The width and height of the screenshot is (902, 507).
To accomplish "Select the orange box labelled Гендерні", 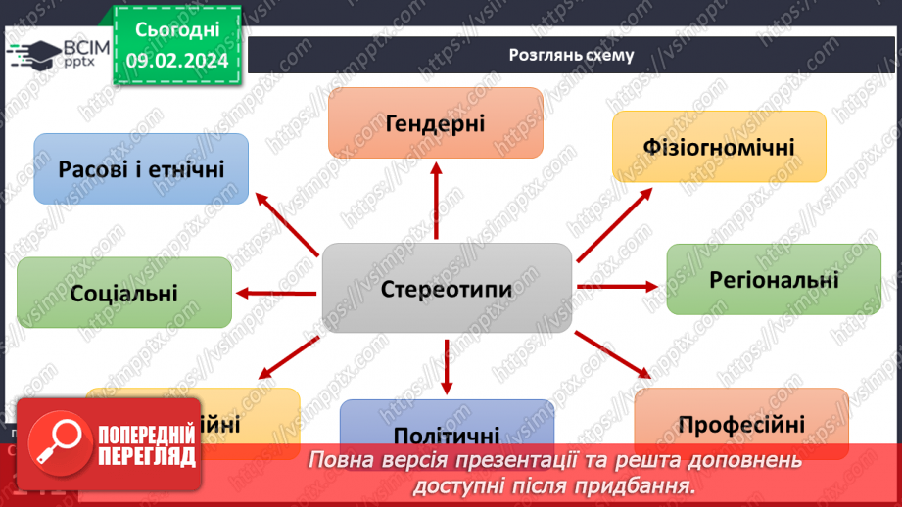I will (436, 122).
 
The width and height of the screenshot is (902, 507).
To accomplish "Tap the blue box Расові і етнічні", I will (141, 168).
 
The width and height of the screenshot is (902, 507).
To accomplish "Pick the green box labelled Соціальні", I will (124, 292).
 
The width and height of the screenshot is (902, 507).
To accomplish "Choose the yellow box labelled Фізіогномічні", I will (719, 147).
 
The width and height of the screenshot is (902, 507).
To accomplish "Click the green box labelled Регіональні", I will (774, 279).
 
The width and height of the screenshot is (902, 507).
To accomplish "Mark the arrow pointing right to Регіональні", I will (618, 286).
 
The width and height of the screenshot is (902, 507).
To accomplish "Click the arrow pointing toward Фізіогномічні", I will (614, 223).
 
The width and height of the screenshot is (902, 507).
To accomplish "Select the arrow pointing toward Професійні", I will (612, 354).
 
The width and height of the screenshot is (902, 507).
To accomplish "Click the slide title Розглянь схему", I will (571, 55).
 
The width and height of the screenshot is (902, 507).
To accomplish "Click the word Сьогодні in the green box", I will (176, 29).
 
